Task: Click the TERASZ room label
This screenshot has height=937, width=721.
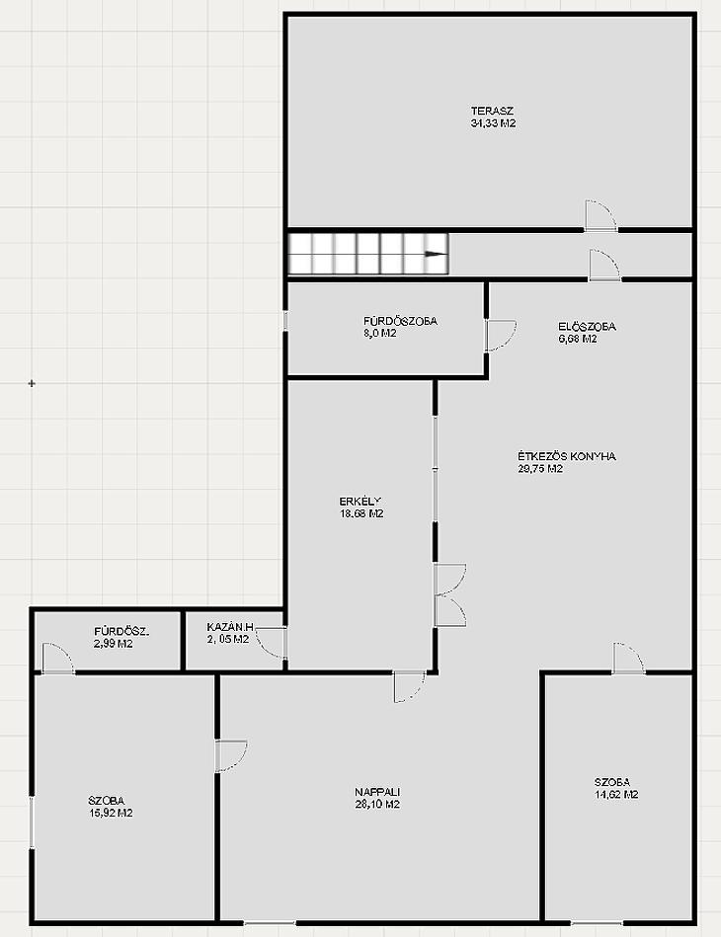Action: pos(492,111)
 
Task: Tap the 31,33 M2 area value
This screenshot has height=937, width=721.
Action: pos(493,123)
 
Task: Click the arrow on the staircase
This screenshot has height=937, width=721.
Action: pos(436,254)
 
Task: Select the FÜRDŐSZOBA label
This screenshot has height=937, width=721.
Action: pos(401,321)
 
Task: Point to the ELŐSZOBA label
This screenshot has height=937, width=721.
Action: pos(587,327)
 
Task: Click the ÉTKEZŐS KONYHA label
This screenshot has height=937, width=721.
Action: pos(567,456)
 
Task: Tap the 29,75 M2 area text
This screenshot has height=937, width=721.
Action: pos(540,469)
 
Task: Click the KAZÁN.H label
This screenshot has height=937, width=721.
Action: pos(230,627)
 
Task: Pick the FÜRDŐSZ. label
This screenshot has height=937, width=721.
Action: pos(121,631)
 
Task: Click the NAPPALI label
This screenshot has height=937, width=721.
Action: pos(377,792)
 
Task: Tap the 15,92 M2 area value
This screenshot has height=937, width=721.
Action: pos(111,814)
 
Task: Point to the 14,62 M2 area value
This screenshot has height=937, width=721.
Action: pos(616,795)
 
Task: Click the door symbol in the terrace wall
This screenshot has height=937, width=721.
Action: pos(601,215)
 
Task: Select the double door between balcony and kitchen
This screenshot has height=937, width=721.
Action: pos(449,594)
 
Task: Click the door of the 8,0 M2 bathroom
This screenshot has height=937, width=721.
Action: pos(500,336)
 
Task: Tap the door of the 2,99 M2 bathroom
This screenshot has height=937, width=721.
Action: pos(57,659)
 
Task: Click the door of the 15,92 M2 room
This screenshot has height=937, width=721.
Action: pos(231,756)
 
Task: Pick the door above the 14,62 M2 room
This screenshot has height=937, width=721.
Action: pos(629,659)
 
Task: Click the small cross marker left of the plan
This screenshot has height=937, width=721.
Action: pos(32,383)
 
